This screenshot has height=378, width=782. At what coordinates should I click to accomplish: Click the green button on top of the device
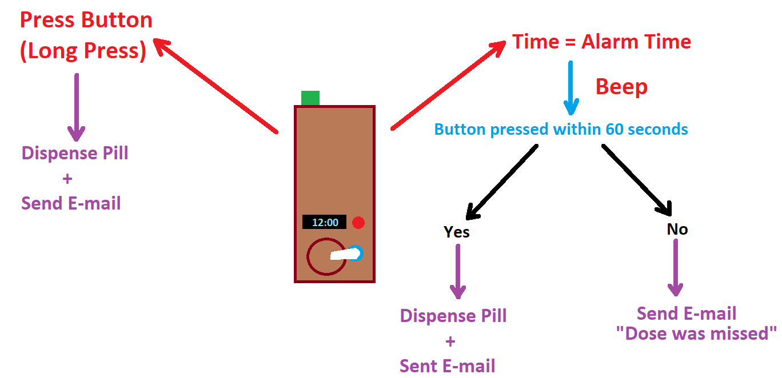[x=310, y=98]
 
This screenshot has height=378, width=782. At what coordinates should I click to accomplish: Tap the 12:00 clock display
[x=324, y=222]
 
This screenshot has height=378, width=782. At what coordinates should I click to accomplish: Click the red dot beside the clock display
[x=358, y=223]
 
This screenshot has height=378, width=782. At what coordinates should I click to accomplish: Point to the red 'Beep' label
[x=621, y=87]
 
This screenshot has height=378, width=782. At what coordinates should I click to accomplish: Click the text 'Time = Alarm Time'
[x=601, y=42]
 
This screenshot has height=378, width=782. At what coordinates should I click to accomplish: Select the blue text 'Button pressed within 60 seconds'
[x=561, y=129]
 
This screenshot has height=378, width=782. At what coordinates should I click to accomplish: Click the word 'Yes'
[x=457, y=232]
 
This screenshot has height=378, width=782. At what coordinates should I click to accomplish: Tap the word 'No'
[x=677, y=230]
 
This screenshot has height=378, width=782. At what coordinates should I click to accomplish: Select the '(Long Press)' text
[x=83, y=51]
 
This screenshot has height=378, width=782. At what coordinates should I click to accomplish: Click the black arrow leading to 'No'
[x=636, y=180]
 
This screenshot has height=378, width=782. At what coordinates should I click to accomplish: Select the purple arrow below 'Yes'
[x=458, y=271]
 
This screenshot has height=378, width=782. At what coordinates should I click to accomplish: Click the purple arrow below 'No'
[x=676, y=267]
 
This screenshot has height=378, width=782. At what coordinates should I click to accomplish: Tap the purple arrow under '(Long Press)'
[x=76, y=107]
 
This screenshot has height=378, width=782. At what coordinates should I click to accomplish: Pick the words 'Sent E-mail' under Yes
[x=448, y=366]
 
